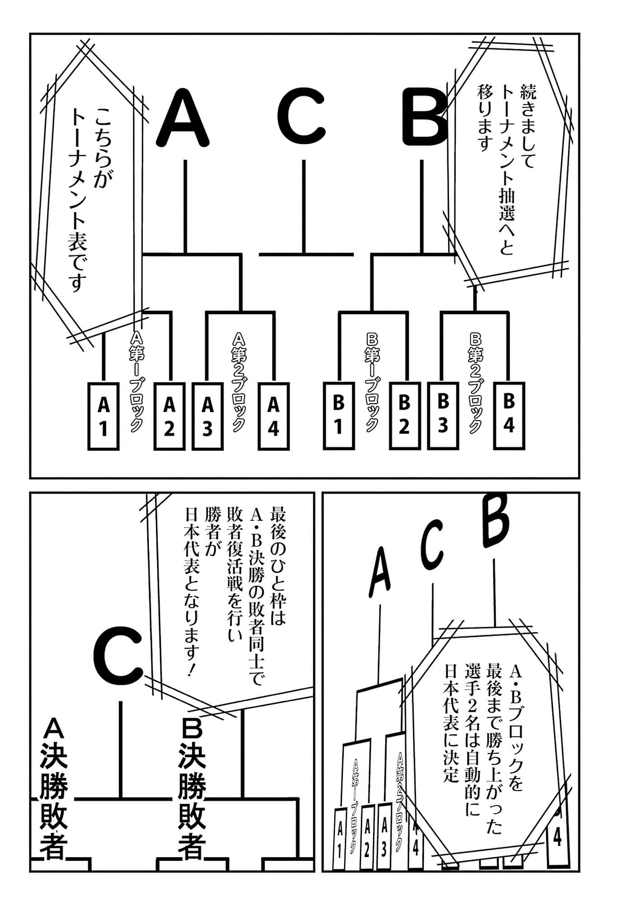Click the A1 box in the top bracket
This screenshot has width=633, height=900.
104,416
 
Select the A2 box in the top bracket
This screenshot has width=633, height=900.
170,416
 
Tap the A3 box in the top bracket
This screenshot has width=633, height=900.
208,416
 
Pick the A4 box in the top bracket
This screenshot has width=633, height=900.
273,416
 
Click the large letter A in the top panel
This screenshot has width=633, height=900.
183,118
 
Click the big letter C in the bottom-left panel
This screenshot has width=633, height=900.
119,657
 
